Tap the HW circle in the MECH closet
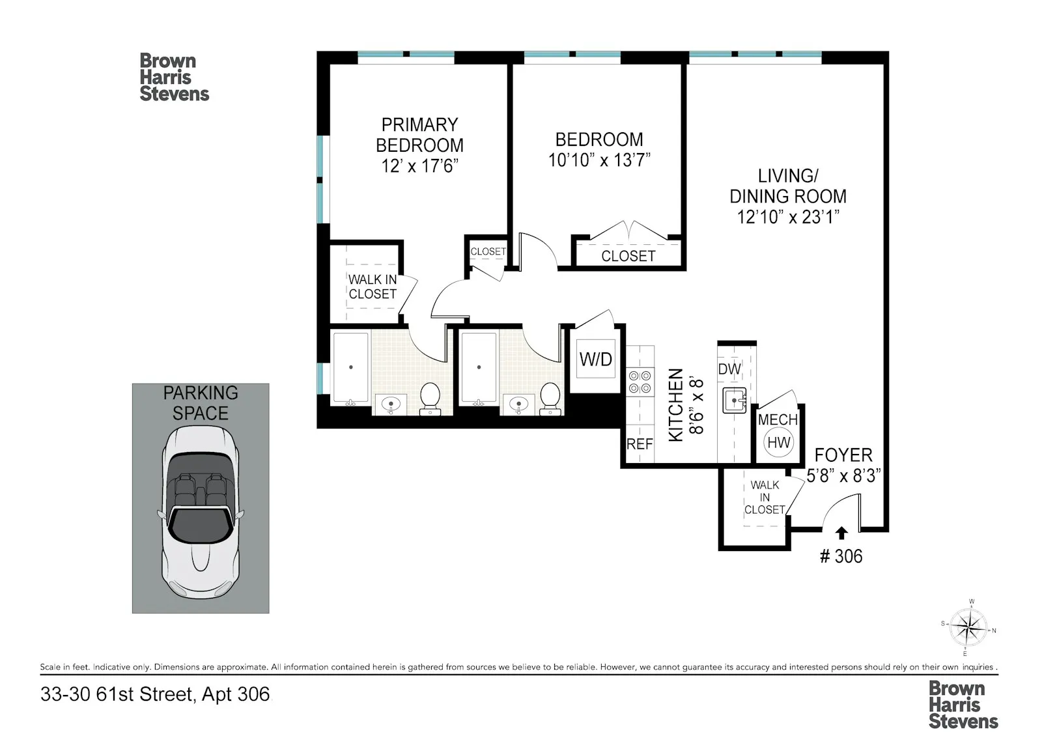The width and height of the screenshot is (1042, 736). [778, 443]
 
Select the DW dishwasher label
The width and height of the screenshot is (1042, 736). [729, 369]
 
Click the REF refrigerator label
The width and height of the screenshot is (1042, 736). [639, 444]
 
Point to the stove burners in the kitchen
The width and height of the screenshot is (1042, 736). [640, 382]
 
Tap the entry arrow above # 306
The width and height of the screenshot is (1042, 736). [841, 533]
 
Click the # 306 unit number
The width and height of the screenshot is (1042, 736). [841, 556]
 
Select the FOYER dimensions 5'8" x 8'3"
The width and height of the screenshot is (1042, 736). [843, 476]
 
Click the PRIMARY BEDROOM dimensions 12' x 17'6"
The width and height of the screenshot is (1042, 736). [420, 166]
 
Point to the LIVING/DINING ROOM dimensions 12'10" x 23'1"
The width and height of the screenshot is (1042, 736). [787, 217]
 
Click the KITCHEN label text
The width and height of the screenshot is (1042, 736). [676, 404]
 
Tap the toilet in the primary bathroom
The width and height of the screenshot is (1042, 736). [429, 399]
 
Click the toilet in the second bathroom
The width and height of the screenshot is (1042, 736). [550, 399]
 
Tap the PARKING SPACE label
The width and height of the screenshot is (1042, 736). [201, 403]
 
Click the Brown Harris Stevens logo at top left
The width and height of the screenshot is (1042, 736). [174, 78]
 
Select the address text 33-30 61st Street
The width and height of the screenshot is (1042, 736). [117, 694]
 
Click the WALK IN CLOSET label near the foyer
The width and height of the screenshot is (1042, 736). [765, 498]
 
